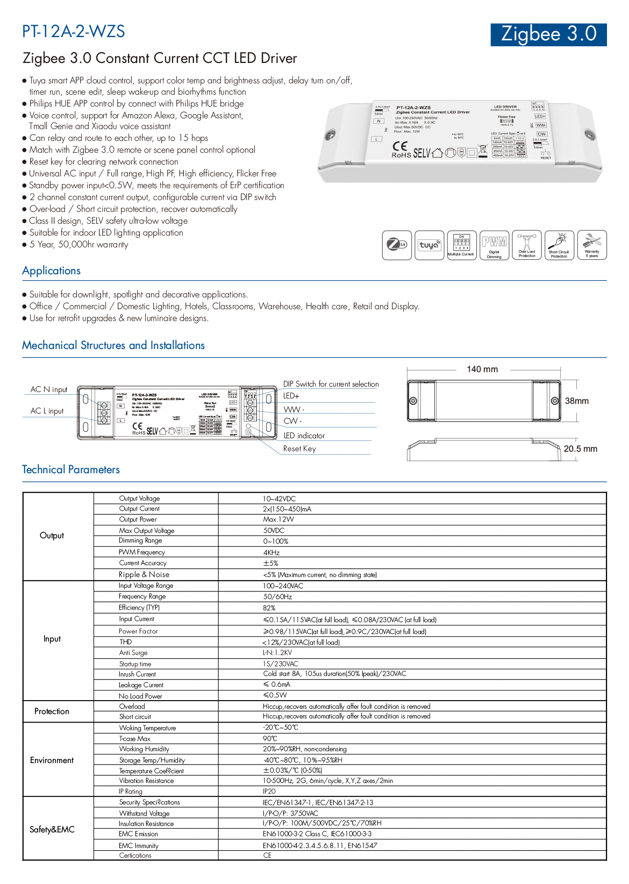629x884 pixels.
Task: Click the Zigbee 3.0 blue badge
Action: [x=548, y=34]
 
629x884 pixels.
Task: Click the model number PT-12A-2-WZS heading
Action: [x=74, y=32]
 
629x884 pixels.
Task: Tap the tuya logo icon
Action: [x=429, y=245]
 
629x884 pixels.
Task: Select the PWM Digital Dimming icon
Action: [x=494, y=245]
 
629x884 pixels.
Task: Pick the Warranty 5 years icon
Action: [x=592, y=245]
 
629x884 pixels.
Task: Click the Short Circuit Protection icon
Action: [x=559, y=245]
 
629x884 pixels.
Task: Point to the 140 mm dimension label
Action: [x=482, y=369]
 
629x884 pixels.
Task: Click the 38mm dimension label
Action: [x=577, y=401]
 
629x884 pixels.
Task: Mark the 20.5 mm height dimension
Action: [x=580, y=449]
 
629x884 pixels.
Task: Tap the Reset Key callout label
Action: [x=299, y=449]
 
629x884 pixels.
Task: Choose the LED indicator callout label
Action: [x=304, y=436]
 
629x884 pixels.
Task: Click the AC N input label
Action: [x=49, y=389]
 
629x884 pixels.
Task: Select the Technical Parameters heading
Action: [x=71, y=469]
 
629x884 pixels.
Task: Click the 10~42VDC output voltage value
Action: [x=279, y=499]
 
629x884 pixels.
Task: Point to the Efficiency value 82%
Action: [x=269, y=608]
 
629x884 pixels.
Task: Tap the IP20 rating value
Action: [x=269, y=792]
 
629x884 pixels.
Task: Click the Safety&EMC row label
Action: [x=52, y=830]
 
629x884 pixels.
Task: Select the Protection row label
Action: [x=52, y=711]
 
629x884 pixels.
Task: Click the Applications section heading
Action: [x=52, y=271]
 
